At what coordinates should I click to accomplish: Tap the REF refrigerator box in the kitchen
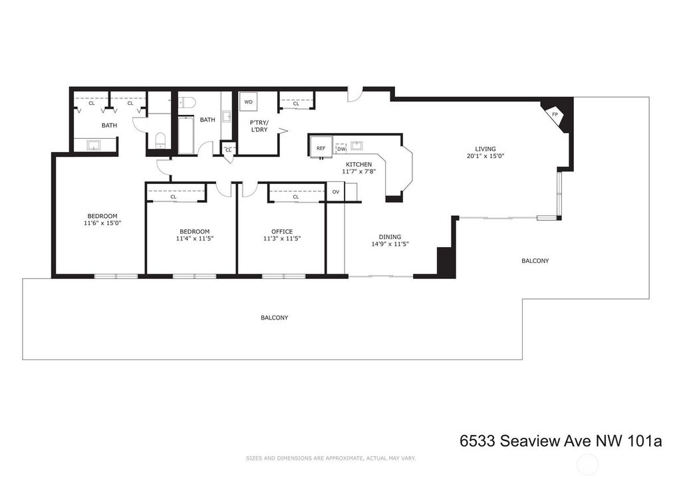321,147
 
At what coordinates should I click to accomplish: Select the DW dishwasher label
341,149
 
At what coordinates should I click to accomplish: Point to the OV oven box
335,192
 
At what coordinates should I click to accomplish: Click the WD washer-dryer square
249,102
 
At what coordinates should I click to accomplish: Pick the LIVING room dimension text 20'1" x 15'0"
485,156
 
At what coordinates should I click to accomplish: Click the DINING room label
390,237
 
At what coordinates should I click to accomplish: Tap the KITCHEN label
358,164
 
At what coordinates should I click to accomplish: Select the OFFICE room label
282,232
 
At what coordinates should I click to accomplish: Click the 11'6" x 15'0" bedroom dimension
102,223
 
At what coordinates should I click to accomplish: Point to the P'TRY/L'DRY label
259,126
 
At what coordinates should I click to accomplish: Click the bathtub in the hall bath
186,134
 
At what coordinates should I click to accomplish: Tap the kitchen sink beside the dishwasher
357,145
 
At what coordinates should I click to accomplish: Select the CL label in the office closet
296,197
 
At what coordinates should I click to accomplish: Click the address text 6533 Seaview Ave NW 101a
561,441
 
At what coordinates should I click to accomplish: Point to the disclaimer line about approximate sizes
331,458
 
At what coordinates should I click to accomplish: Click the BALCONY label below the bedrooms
275,318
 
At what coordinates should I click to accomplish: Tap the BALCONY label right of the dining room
535,260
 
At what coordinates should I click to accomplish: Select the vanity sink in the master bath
94,144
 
